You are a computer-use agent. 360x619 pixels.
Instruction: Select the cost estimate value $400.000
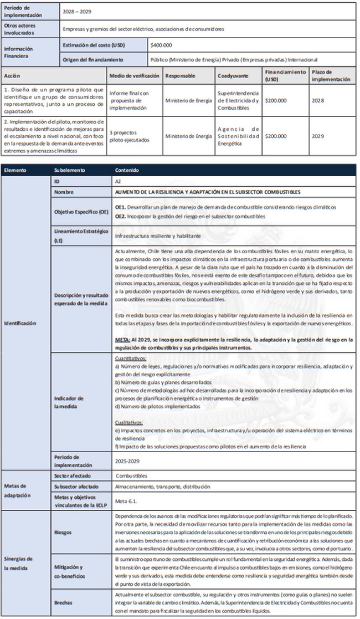[162, 44]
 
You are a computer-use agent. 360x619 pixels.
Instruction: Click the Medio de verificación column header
[134, 75]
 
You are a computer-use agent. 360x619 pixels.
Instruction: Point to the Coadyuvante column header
[233, 75]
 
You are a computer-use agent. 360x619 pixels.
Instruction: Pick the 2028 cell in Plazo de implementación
[317, 100]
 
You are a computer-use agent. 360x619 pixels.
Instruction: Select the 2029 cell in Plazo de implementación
[317, 136]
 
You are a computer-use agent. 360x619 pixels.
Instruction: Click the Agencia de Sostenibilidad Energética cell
[239, 136]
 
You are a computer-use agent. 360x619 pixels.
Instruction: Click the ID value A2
[118, 181]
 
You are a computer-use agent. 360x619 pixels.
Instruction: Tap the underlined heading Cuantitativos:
[131, 359]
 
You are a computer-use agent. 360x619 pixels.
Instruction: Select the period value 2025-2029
[127, 460]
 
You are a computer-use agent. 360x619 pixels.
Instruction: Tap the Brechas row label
[64, 603]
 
